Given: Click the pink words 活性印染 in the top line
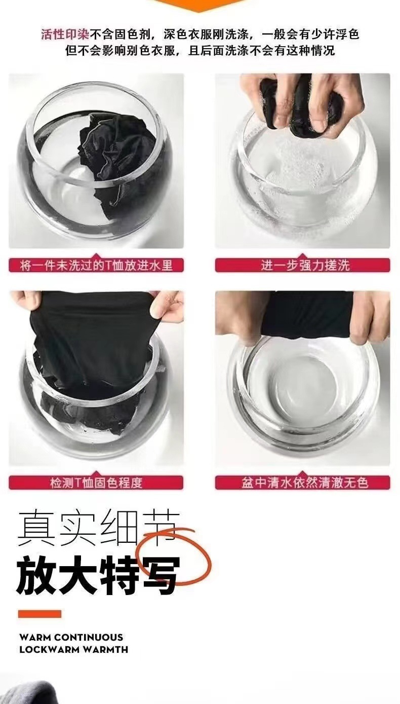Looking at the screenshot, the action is click(x=65, y=34).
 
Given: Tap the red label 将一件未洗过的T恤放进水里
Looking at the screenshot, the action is click(x=96, y=265).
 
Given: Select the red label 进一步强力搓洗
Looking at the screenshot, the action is click(x=302, y=265).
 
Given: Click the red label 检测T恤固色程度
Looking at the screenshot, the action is click(x=96, y=483).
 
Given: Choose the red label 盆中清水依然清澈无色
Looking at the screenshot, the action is click(x=302, y=483).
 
